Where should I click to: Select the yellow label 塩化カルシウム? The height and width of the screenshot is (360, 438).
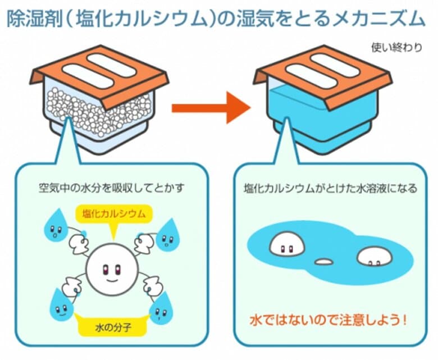tap(114, 213)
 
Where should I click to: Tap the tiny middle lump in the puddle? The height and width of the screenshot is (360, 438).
tap(324, 262)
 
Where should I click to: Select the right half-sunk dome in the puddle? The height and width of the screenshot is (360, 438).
tap(373, 258)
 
